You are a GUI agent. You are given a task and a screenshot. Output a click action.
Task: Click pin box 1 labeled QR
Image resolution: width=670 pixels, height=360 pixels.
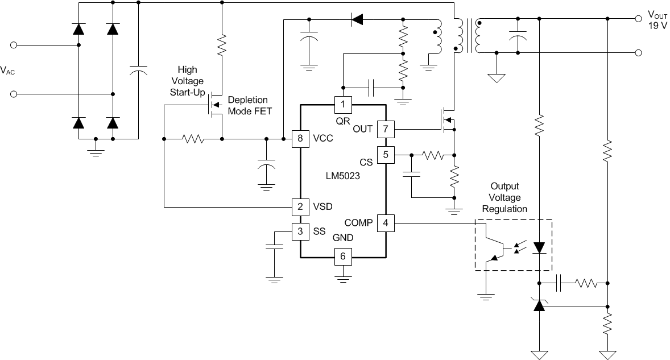(x=343, y=104)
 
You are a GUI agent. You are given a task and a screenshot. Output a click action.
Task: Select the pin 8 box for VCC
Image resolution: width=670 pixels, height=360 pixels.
(x=300, y=138)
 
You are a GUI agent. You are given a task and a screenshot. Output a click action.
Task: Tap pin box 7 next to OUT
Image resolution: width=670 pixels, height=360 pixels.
(x=386, y=129)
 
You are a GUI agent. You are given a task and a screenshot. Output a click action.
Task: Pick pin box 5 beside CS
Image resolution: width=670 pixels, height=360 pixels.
(x=386, y=154)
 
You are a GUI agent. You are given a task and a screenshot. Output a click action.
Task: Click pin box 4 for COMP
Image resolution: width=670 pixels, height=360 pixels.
(x=386, y=222)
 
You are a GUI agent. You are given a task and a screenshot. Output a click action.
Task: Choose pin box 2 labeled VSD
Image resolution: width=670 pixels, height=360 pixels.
(x=300, y=206)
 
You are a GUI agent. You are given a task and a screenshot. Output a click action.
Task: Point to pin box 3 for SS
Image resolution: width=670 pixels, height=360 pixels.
(x=300, y=231)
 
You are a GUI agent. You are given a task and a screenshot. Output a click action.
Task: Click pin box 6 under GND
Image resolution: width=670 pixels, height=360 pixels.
(x=343, y=256)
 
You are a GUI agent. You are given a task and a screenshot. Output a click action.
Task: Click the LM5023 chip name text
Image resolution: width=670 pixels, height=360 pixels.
(x=343, y=177)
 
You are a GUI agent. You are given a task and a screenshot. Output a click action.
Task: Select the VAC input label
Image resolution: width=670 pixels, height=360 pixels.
(x=8, y=70)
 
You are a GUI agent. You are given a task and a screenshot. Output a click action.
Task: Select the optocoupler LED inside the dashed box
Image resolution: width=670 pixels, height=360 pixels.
(x=539, y=246)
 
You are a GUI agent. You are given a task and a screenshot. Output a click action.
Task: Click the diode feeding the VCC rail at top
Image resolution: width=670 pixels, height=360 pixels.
(x=357, y=20)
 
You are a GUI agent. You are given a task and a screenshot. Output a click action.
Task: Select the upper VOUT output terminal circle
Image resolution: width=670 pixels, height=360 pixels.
(x=638, y=19)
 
